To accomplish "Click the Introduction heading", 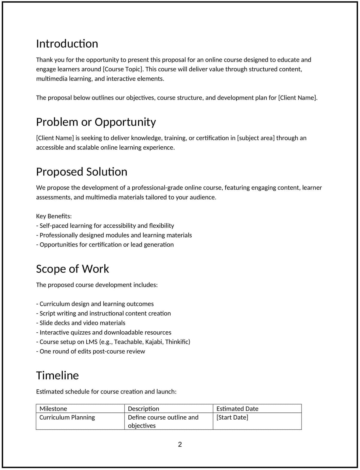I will [x=67, y=44].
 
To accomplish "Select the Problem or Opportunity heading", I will [x=96, y=122].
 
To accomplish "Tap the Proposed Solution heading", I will [x=82, y=172].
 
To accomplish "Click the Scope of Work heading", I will [x=72, y=269].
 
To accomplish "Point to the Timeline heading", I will [x=57, y=376].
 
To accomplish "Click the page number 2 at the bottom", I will [x=180, y=445].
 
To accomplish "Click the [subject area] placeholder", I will [x=256, y=138].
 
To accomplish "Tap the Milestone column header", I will [x=53, y=409].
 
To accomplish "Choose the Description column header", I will [x=143, y=409].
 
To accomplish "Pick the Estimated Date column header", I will [x=237, y=409].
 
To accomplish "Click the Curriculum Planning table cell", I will [x=67, y=418].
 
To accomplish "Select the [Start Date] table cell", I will [x=232, y=418].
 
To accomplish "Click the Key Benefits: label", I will [x=54, y=216].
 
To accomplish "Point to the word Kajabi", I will [x=154, y=342].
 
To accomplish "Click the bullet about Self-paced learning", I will [x=105, y=226].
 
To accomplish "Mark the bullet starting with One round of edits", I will [x=90, y=352].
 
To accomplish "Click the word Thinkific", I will [x=177, y=342].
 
